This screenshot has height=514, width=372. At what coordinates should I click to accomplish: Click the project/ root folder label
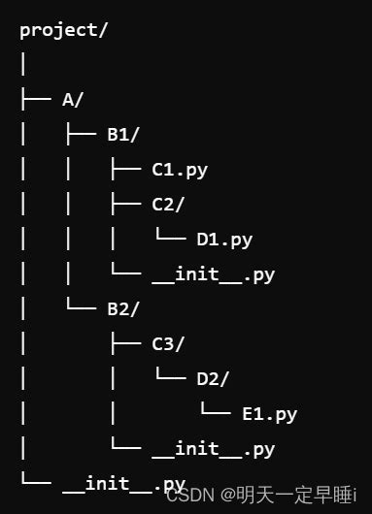pos(64,29)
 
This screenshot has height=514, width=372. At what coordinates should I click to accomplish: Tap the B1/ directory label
pos(123,134)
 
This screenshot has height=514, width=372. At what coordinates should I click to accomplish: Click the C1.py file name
pos(180,170)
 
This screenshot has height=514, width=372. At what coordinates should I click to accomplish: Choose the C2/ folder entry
pos(168,205)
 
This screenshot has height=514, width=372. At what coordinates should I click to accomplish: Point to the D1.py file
pos(224,240)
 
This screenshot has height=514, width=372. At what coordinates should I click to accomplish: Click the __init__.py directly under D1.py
pos(213,274)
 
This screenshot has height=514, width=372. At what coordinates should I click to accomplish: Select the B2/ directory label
pos(123,309)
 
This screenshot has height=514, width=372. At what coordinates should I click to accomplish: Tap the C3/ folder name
pos(168,344)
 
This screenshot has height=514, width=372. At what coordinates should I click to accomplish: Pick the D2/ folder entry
pos(213,379)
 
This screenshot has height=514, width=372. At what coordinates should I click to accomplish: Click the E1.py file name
pos(269,414)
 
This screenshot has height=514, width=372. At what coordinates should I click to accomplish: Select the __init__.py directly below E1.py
pos(213,449)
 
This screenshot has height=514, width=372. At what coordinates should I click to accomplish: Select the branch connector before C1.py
pos(126,170)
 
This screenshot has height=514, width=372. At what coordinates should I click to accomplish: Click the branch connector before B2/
pos(82,307)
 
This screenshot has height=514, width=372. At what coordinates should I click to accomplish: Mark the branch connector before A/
pos(37,99)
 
